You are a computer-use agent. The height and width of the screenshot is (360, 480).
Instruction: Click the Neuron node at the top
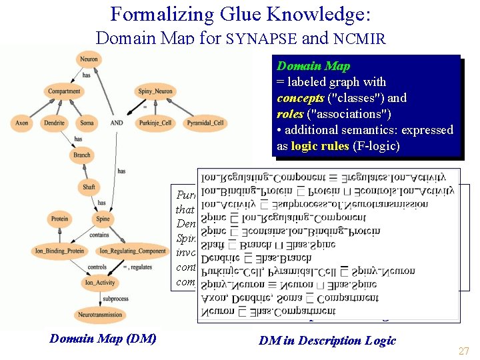click(89, 59)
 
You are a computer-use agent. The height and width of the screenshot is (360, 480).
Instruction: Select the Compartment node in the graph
click(64, 91)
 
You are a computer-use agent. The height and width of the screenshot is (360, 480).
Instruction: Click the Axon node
click(22, 123)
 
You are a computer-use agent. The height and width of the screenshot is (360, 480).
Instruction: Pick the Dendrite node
click(55, 123)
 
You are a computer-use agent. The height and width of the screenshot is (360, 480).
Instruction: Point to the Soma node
click(87, 123)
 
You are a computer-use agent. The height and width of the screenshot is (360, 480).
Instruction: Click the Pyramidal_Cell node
click(205, 123)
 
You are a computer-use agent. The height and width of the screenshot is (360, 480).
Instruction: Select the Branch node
click(82, 155)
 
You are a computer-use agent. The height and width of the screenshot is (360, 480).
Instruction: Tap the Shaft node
click(89, 187)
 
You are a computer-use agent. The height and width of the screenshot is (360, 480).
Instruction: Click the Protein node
click(59, 219)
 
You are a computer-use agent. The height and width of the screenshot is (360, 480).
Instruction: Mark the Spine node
click(102, 219)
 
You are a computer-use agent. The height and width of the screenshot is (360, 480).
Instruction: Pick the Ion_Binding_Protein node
click(58, 251)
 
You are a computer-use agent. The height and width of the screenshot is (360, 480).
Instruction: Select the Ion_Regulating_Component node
click(132, 251)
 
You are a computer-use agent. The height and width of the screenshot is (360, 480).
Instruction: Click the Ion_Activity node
click(99, 283)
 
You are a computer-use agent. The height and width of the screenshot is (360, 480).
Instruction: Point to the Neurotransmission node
click(100, 315)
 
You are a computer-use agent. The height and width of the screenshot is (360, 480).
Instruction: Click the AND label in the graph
click(117, 123)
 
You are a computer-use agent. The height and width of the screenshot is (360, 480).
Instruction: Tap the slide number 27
click(464, 351)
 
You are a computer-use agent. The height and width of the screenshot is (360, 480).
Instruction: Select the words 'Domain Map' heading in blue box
click(313, 66)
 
